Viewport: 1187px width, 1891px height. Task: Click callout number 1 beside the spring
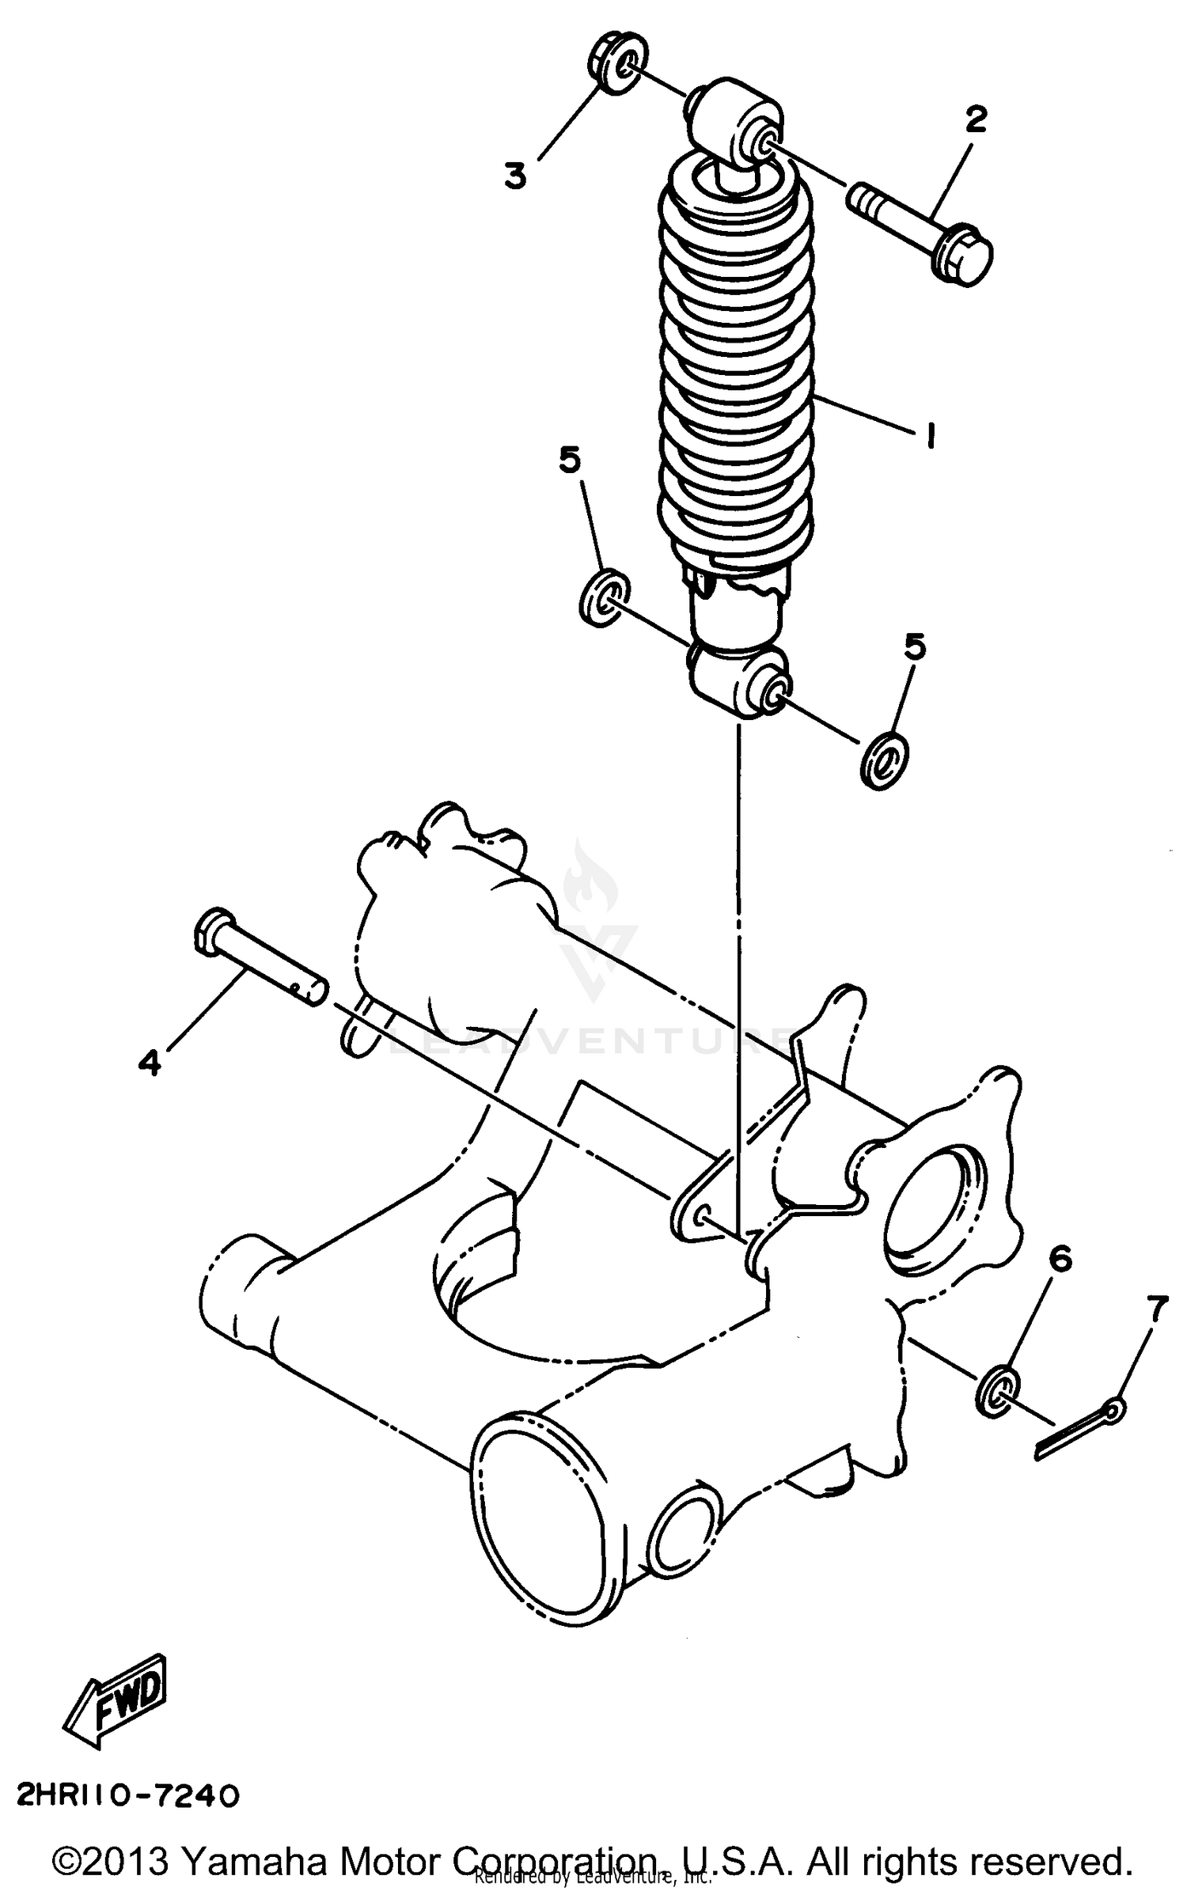[x=931, y=434]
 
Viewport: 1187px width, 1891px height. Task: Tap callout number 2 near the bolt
[x=976, y=120]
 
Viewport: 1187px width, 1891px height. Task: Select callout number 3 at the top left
[x=515, y=175]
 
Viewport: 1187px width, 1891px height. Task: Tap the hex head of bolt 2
[x=964, y=256]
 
